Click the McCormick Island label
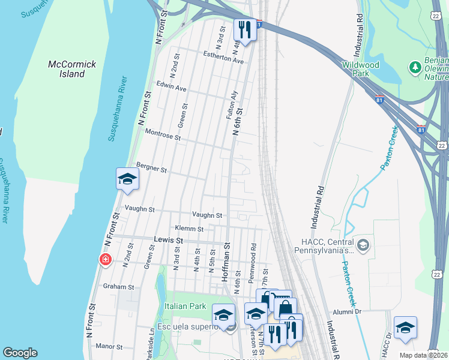click(x=67, y=68)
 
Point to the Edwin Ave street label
click(x=171, y=88)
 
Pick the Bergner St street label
click(x=151, y=169)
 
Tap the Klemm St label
click(x=189, y=229)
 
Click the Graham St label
click(x=118, y=286)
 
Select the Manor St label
click(x=109, y=346)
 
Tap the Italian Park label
click(x=185, y=306)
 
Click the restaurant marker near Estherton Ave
click(x=245, y=28)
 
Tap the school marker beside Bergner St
click(x=127, y=179)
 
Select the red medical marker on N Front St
click(x=105, y=259)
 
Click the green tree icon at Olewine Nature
click(x=414, y=65)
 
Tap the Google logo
click(x=20, y=353)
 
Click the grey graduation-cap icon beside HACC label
click(x=363, y=244)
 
